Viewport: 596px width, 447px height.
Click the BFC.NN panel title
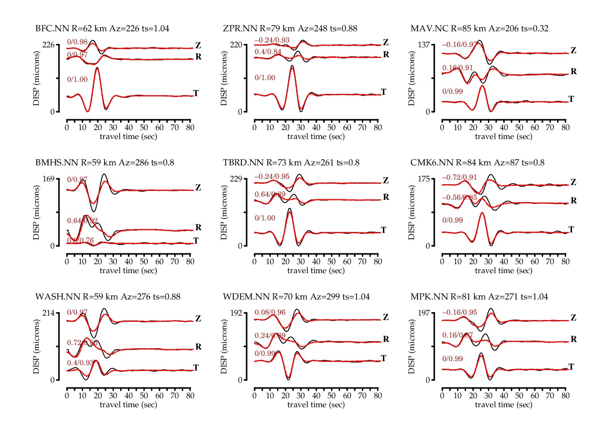point(102,29)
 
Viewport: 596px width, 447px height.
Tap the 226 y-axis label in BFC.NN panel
point(48,45)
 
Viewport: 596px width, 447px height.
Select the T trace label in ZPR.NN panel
point(383,92)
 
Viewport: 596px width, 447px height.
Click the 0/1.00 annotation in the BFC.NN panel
point(77,80)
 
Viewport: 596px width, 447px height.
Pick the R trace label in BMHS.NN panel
point(198,228)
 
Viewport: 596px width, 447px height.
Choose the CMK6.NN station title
point(477,163)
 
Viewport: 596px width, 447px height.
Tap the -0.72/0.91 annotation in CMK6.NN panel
point(459,177)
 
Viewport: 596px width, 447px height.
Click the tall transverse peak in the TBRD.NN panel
point(290,209)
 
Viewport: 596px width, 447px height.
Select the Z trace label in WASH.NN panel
point(198,319)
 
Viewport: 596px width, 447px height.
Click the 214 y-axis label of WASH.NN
point(48,313)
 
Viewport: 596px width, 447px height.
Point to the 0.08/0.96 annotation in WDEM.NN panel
point(270,312)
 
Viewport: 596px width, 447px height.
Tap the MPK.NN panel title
point(479,297)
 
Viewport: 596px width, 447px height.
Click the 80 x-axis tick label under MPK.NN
point(565,396)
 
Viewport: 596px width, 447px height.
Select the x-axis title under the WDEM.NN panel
point(316,405)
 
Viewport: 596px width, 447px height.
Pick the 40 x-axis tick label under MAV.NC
point(504,127)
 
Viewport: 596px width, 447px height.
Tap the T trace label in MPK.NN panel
point(571,367)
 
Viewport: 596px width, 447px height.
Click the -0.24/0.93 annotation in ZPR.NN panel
point(272,40)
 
